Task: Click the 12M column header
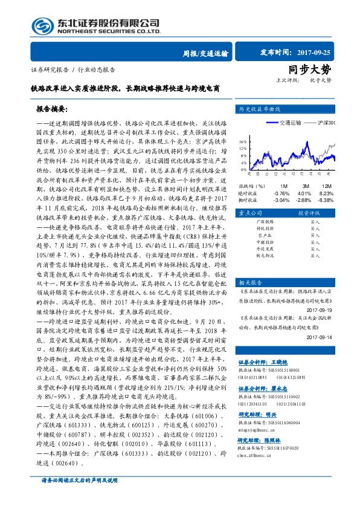click(x=327, y=186)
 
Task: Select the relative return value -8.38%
click(x=326, y=199)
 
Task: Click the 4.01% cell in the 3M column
click(x=303, y=193)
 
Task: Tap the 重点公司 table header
click(x=250, y=214)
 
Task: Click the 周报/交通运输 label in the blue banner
click(x=205, y=53)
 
